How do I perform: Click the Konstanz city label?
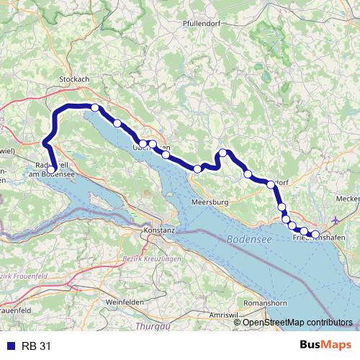[x=160, y=230]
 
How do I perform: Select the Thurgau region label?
[x=148, y=326]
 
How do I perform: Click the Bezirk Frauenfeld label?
[x=19, y=276]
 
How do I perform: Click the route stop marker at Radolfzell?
[x=51, y=170]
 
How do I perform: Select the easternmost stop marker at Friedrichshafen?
[x=315, y=234]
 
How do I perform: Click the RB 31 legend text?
[x=37, y=346]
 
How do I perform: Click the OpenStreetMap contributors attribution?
[x=297, y=322]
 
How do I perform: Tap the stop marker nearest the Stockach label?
[x=95, y=108]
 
